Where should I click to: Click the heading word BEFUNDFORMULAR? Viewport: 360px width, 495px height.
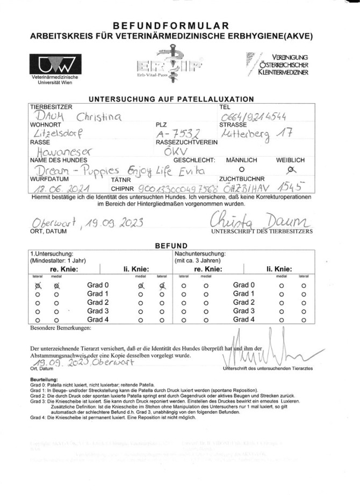(171, 26)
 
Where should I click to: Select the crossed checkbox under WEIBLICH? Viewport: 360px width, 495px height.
(292, 170)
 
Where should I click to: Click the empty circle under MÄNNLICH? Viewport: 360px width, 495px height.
(241, 169)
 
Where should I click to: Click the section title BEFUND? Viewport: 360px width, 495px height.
(171, 245)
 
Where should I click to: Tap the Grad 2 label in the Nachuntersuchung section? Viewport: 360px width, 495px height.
(243, 303)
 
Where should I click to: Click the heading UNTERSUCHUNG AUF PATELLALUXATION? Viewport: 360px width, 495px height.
(171, 99)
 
